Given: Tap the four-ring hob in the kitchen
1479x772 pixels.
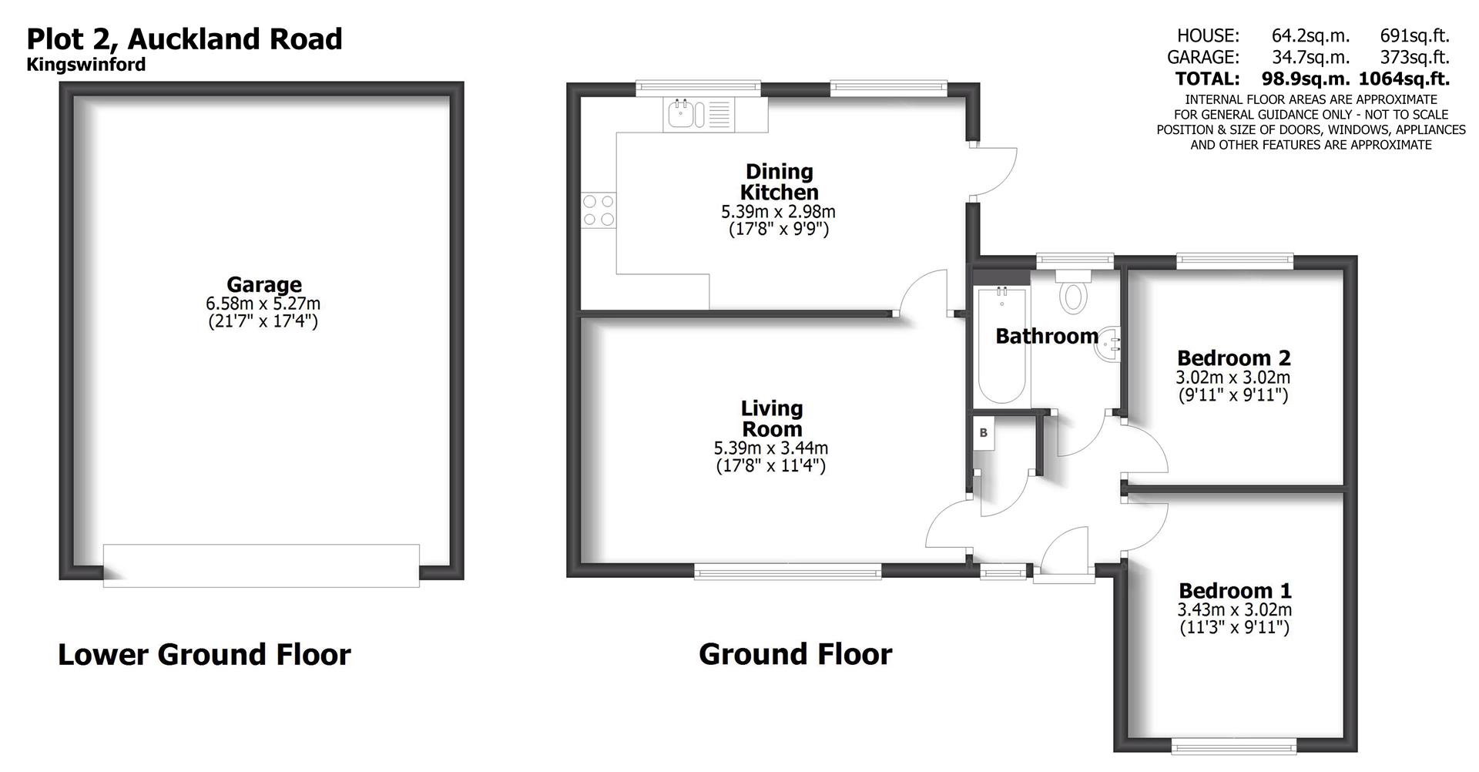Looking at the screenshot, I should [x=599, y=210].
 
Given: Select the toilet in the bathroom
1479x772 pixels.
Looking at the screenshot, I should [x=1073, y=295].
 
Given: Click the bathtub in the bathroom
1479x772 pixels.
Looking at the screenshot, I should [x=1001, y=346].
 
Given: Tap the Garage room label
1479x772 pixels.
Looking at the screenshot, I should [x=263, y=284].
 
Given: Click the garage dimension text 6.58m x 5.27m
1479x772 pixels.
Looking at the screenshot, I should [x=263, y=304].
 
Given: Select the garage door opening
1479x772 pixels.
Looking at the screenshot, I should [x=261, y=565].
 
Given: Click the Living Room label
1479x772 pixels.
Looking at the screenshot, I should [x=771, y=418].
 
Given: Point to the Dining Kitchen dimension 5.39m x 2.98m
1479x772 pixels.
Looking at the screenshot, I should [x=778, y=211].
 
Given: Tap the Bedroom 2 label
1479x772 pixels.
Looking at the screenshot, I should [x=1233, y=357].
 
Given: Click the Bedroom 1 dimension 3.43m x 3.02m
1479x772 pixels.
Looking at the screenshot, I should [x=1234, y=609].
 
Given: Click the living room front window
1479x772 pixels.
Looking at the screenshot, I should [x=787, y=570].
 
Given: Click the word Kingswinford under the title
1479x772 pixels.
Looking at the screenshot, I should [x=86, y=65].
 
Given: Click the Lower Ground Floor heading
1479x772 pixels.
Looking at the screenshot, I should [x=204, y=654].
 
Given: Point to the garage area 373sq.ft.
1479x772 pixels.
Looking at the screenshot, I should [x=1414, y=57].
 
